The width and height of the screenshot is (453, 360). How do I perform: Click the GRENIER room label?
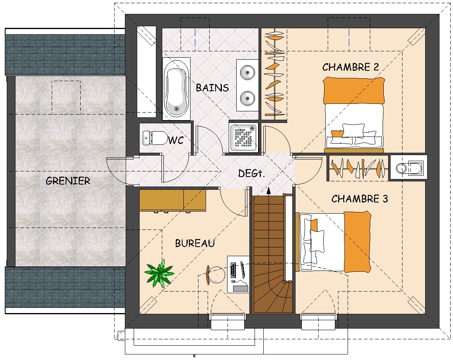tap(68, 181)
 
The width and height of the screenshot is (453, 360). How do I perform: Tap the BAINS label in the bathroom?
tap(212, 88)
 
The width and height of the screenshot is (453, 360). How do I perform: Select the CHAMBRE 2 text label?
tap(350, 67)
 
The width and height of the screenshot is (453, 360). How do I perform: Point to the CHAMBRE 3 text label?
tap(360, 198)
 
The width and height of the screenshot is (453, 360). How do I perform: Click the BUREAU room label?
tap(195, 243)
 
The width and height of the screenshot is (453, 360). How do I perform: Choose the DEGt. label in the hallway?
tap(251, 173)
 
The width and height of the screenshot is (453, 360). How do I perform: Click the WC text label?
tap(176, 140)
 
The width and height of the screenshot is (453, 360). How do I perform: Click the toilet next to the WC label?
tap(156, 138)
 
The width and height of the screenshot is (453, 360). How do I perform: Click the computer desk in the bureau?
tap(238, 274)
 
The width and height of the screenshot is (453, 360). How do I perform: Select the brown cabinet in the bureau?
tap(173, 200)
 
